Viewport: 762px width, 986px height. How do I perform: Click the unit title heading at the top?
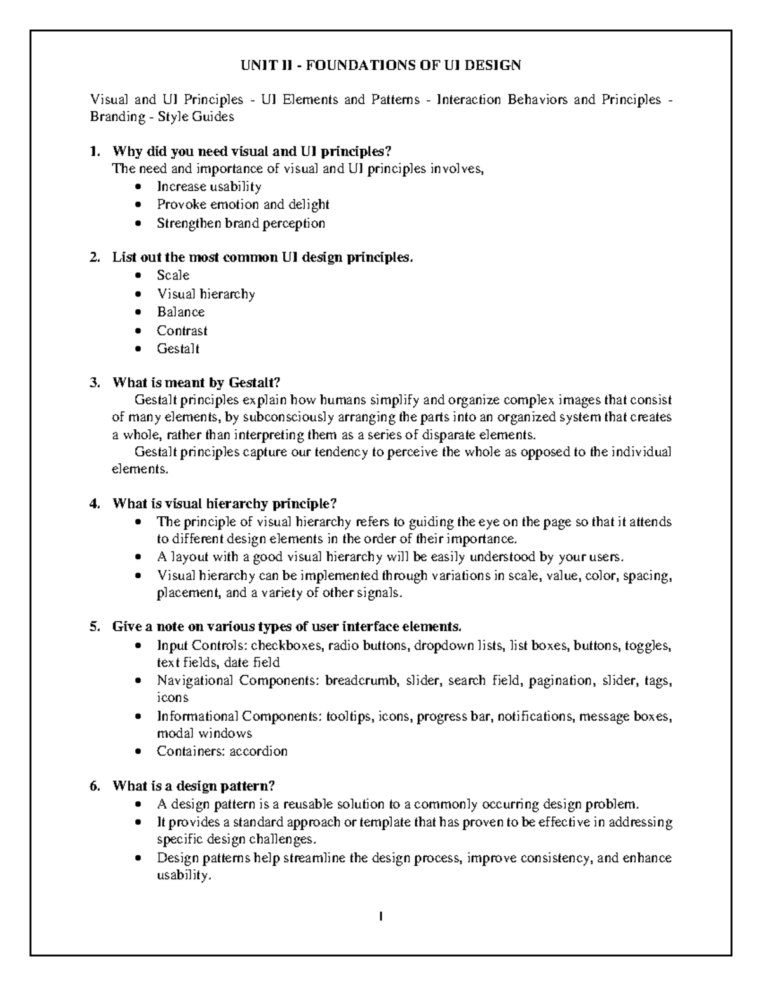[x=380, y=65]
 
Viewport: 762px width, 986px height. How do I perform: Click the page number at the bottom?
[x=380, y=916]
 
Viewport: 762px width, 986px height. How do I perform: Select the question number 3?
[x=95, y=382]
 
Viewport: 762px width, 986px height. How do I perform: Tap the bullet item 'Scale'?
[x=173, y=275]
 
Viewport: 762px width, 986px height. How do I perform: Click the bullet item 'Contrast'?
[x=182, y=331]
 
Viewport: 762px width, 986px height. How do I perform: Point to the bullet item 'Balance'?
[x=180, y=312]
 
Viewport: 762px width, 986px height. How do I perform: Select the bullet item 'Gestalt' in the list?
[x=178, y=349]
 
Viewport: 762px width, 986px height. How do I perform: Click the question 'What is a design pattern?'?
[x=193, y=786]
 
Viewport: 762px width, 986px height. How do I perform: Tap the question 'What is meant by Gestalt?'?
[x=196, y=382]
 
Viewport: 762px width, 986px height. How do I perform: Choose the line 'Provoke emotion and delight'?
[x=243, y=204]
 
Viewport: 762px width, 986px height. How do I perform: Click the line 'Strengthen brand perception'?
[x=241, y=223]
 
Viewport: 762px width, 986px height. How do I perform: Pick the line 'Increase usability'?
[x=209, y=187]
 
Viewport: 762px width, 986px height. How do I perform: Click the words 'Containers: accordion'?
[x=222, y=751]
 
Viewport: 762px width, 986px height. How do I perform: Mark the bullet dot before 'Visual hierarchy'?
[x=139, y=294]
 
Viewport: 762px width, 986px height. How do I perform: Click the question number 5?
[x=95, y=627]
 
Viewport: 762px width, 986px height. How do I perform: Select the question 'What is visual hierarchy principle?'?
[x=224, y=503]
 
